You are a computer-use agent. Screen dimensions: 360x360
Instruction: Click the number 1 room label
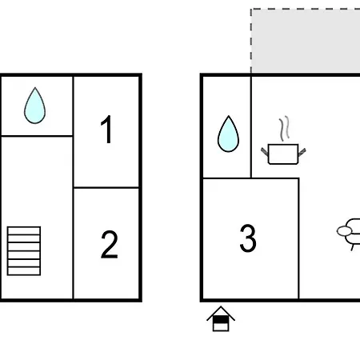click(106, 130)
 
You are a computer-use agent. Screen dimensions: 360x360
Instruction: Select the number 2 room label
click(110, 245)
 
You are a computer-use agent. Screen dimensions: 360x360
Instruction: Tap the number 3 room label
click(248, 238)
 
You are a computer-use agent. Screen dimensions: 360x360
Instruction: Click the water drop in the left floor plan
click(34, 106)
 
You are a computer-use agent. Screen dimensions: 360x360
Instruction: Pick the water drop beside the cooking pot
click(228, 134)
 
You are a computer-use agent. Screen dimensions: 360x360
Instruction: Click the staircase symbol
click(24, 250)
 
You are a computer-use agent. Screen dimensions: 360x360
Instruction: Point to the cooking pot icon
click(283, 154)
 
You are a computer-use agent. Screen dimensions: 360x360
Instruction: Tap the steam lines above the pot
click(284, 129)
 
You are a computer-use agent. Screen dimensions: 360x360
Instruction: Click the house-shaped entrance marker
click(221, 319)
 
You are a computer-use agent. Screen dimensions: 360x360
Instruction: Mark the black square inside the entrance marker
click(221, 319)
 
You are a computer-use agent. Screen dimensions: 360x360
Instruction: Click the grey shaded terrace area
click(306, 41)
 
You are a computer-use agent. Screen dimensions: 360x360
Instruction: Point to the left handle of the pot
click(264, 151)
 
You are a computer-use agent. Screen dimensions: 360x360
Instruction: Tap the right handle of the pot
click(302, 152)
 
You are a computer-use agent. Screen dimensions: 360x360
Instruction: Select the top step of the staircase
click(24, 230)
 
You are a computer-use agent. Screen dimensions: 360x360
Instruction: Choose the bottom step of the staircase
click(24, 271)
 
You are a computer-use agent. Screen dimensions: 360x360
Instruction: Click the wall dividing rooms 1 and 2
click(106, 188)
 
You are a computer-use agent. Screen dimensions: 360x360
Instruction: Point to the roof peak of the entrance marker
click(221, 306)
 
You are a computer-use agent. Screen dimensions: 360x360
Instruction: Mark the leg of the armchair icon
click(353, 247)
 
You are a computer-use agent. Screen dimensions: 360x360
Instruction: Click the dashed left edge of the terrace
click(251, 41)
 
